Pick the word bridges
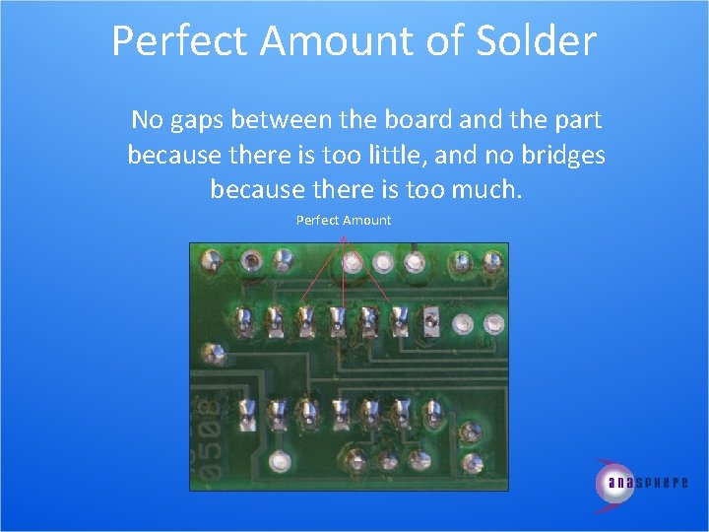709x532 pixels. click(x=558, y=155)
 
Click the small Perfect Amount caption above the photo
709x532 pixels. click(x=343, y=220)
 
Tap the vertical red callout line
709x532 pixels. click(x=343, y=276)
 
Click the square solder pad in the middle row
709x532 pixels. click(x=431, y=319)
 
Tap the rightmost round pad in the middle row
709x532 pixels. click(x=494, y=322)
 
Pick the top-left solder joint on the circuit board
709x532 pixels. click(x=210, y=261)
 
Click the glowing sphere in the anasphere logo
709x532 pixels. click(x=615, y=483)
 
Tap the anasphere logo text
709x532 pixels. click(x=648, y=483)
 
